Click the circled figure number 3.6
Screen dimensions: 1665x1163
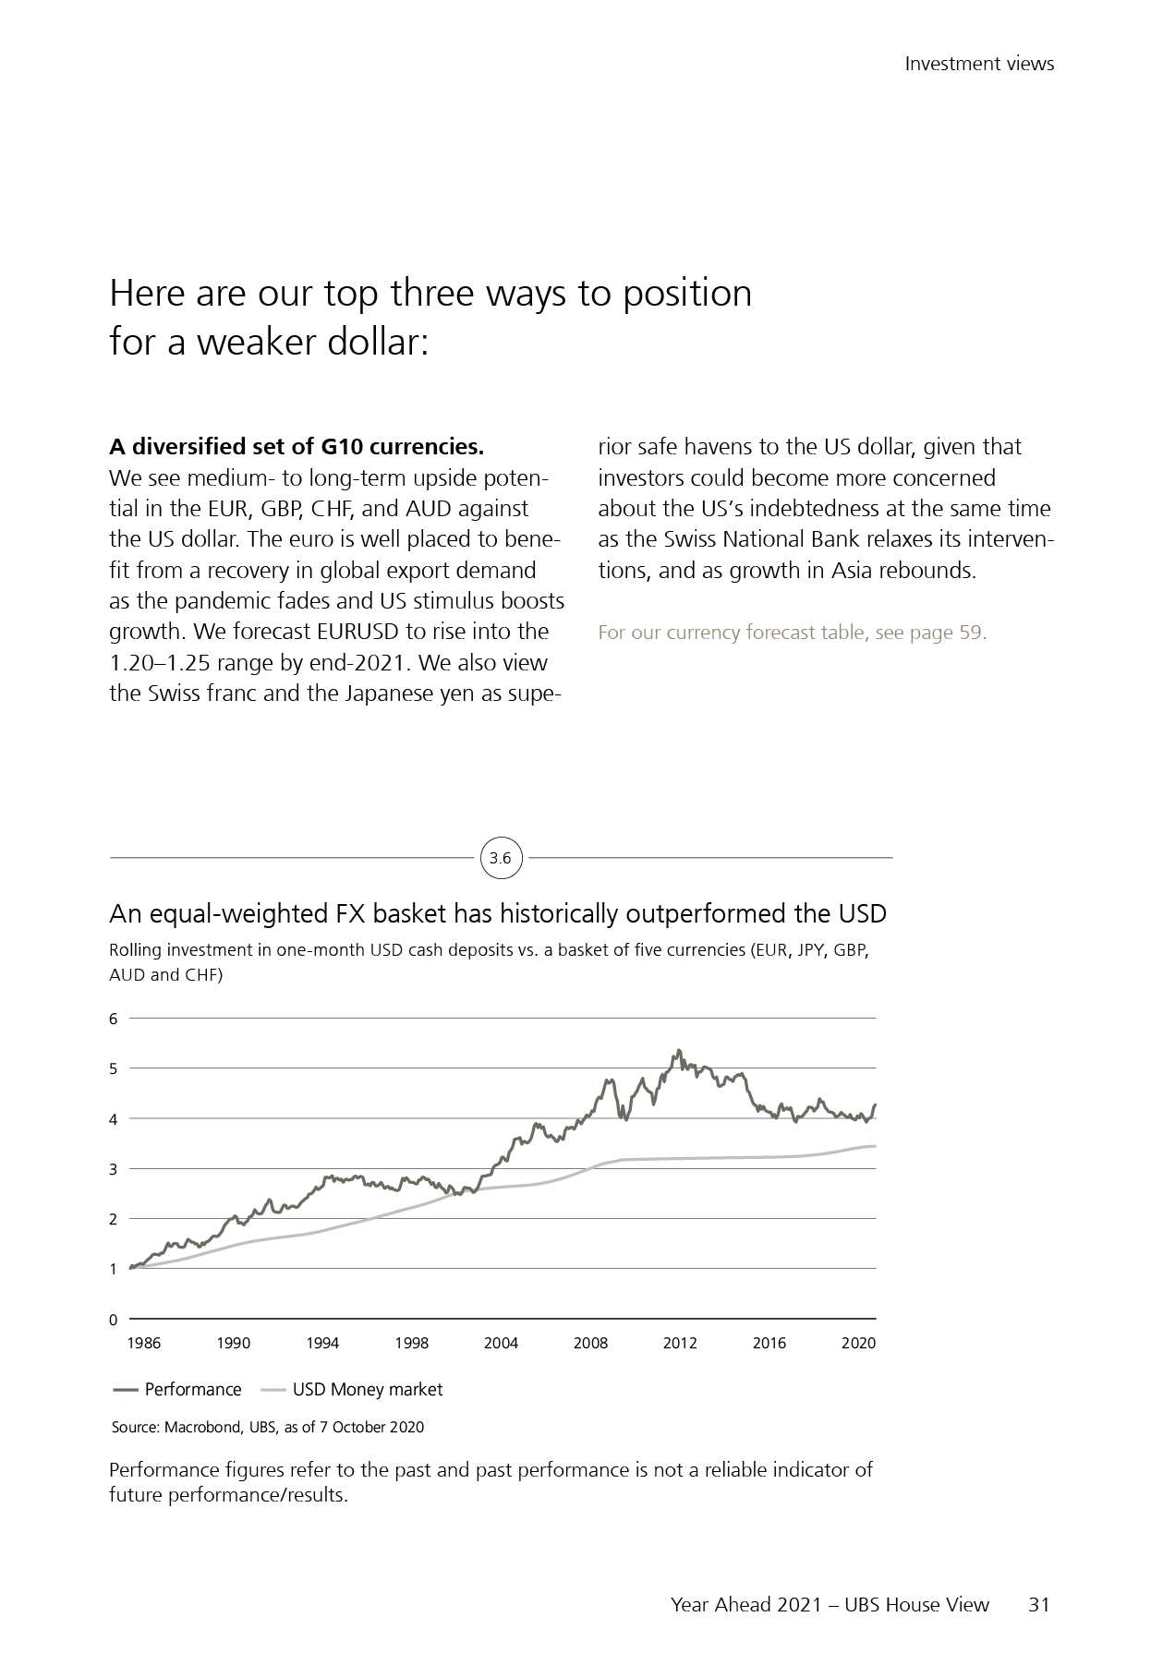tap(500, 858)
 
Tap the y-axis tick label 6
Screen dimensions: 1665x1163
tap(114, 1019)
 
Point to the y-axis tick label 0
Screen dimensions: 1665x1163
tap(114, 1320)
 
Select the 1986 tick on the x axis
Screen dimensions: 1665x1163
tap(143, 1343)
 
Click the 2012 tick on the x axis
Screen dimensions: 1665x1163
tap(680, 1343)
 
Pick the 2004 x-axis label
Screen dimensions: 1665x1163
tap(501, 1343)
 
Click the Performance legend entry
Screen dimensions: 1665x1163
tap(192, 1390)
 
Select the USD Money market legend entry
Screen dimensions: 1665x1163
tap(367, 1390)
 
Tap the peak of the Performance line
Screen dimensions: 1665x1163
tap(679, 1051)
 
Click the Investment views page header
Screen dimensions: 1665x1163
tap(979, 64)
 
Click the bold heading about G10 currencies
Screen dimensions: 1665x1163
tap(297, 447)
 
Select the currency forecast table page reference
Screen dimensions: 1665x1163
tap(792, 633)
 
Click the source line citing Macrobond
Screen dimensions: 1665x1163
tap(268, 1427)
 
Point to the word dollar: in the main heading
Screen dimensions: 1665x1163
tap(380, 342)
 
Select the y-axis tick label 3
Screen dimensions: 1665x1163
tap(114, 1169)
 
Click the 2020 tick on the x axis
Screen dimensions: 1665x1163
tap(858, 1343)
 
